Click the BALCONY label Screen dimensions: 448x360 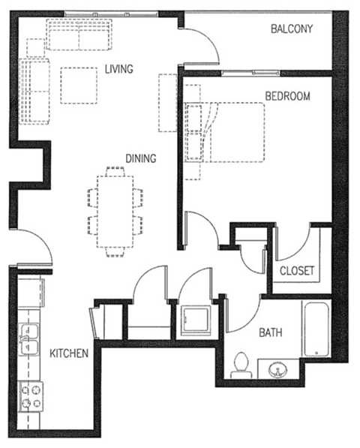point(292,29)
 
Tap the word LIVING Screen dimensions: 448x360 point(118,70)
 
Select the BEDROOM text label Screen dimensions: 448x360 point(288,96)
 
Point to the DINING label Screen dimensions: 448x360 point(140,158)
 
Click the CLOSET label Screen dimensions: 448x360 point(297,271)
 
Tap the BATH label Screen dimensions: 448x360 point(270,332)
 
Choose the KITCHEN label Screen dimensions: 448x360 point(70,353)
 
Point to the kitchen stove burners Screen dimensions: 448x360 point(31,396)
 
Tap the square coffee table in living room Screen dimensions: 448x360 point(79,86)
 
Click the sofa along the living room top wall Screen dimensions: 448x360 point(79,35)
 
